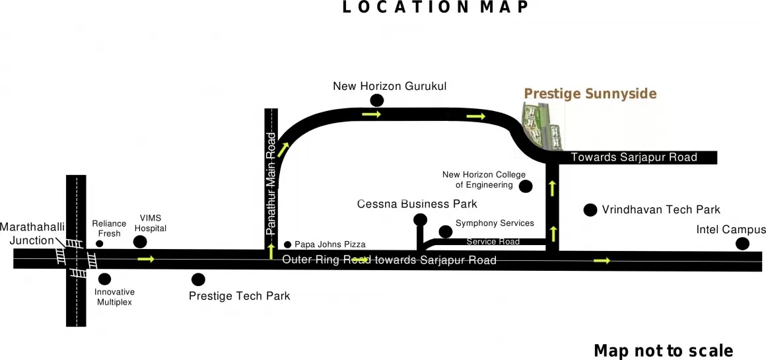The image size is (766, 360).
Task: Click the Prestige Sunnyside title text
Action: click(x=590, y=94)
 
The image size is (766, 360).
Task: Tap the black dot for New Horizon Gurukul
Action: click(x=377, y=100)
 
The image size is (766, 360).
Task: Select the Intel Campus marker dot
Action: click(x=742, y=244)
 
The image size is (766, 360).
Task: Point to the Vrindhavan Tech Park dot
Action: click(x=591, y=210)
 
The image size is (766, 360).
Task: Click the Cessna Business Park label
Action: click(x=417, y=204)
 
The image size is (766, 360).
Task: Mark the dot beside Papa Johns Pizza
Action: click(x=287, y=244)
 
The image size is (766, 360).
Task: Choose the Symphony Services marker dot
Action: click(x=446, y=231)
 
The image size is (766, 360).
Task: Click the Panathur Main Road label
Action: click(x=271, y=184)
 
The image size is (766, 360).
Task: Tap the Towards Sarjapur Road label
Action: click(x=634, y=157)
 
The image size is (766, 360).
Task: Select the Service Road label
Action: click(x=493, y=242)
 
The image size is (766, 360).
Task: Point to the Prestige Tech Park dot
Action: click(x=198, y=279)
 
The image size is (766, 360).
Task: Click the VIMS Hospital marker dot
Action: click(x=140, y=242)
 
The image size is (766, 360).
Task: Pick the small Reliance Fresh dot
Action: click(x=100, y=244)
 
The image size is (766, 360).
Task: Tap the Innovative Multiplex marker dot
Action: click(x=104, y=279)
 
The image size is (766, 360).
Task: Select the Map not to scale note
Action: click(x=663, y=351)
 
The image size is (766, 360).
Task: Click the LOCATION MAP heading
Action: click(x=436, y=7)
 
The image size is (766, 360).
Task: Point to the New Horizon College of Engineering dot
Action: click(x=526, y=186)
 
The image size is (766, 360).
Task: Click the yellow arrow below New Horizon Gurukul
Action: click(x=372, y=115)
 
